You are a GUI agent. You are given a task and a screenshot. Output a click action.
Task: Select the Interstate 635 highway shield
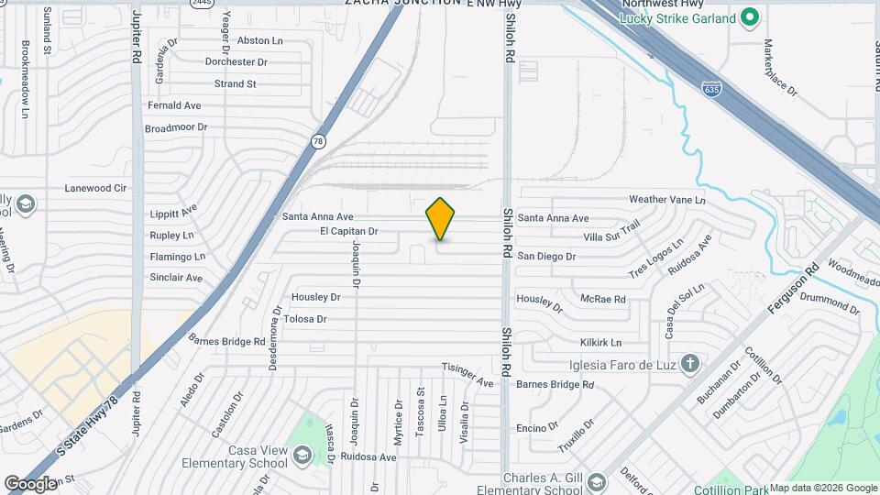(x=712, y=89)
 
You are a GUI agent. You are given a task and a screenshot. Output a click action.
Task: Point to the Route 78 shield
(x=317, y=141)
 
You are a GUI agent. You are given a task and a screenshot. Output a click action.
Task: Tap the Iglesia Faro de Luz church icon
(x=689, y=362)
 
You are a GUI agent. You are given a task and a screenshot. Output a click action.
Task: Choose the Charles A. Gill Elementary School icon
(x=596, y=482)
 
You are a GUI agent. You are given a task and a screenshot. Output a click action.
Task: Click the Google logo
(x=29, y=483)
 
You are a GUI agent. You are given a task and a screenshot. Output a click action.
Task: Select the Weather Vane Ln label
(x=667, y=200)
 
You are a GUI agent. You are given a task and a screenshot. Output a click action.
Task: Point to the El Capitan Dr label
(x=348, y=232)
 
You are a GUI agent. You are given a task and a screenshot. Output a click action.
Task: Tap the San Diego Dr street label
(x=546, y=257)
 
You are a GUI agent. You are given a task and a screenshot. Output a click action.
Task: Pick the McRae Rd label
(x=603, y=299)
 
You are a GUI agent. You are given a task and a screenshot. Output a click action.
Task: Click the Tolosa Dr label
(x=305, y=319)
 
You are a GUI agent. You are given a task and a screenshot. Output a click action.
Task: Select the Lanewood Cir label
(x=94, y=188)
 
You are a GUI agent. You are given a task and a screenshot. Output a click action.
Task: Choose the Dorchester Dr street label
(x=236, y=62)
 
